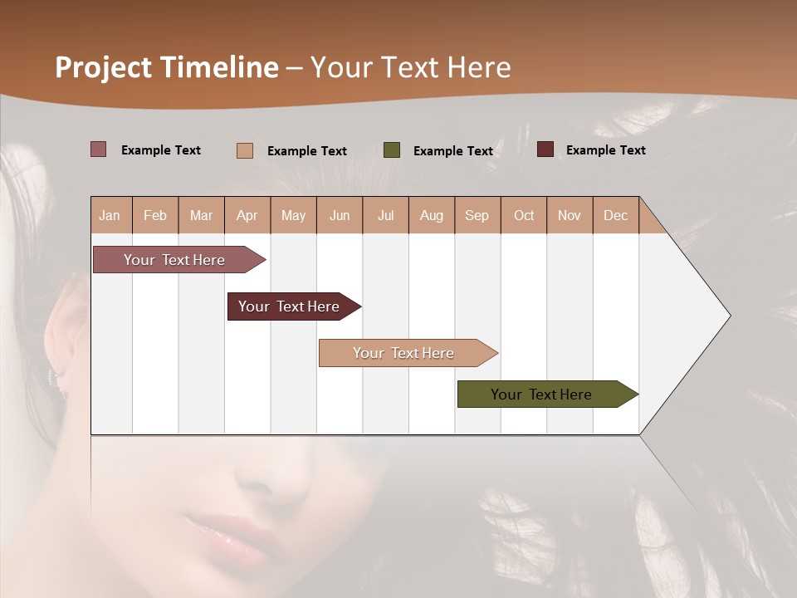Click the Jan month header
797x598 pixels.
[110, 215]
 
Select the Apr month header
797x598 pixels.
[247, 215]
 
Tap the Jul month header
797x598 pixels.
[385, 215]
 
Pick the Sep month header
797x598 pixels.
[477, 215]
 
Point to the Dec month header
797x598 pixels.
[615, 215]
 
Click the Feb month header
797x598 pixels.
[155, 215]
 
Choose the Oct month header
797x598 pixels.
[524, 215]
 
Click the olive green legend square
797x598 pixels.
[392, 150]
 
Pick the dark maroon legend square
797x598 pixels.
[545, 149]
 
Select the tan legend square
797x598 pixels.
[245, 150]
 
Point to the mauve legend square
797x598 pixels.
[99, 149]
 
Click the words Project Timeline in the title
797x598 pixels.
[166, 67]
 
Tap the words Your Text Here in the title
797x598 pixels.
[410, 67]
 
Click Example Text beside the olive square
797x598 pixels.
[453, 151]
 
